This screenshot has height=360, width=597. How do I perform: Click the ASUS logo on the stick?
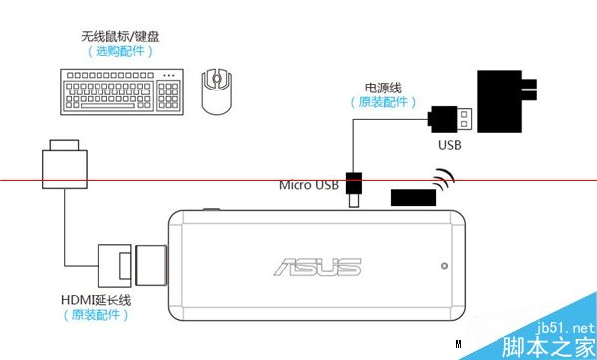[x=317, y=267]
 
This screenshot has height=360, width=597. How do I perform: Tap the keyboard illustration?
[x=121, y=91]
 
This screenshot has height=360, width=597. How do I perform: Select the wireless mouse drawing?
[x=217, y=91]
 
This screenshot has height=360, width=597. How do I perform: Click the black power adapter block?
[x=506, y=101]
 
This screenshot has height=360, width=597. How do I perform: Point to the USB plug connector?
[x=450, y=119]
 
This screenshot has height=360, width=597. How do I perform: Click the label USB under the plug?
[x=450, y=145]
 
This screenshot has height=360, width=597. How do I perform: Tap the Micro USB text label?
[x=308, y=185]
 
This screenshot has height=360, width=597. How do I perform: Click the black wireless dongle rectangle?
[x=413, y=198]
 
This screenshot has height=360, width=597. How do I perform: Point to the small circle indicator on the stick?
[x=444, y=266]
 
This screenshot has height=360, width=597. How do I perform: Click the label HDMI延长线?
[x=96, y=300]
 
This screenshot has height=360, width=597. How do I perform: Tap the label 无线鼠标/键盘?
[x=120, y=36]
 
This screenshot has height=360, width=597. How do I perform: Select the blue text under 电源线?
[x=383, y=102]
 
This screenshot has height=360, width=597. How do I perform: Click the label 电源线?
[x=383, y=88]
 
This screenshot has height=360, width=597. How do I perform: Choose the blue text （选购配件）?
[x=120, y=51]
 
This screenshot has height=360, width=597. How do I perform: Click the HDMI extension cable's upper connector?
[x=65, y=164]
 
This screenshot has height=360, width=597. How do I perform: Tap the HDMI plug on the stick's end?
[x=151, y=266]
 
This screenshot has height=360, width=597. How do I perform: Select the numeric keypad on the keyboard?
[x=168, y=95]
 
